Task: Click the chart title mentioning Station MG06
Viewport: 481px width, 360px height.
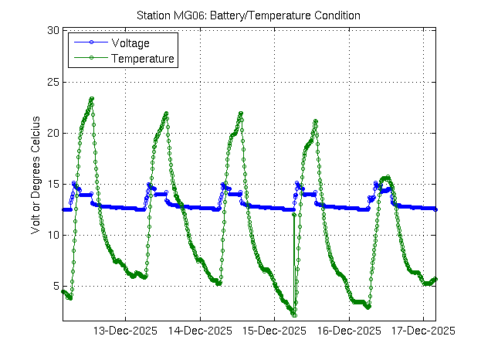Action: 248,15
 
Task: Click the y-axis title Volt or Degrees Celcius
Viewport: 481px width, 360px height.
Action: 34,172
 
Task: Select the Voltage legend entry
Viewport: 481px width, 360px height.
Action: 130,42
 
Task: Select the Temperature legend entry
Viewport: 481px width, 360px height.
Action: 143,58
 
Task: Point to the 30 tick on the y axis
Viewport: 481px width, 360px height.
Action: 53,31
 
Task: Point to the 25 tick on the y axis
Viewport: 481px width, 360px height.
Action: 53,82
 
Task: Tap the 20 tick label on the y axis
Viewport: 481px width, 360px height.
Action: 53,133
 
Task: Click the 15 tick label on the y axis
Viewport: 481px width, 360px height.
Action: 53,184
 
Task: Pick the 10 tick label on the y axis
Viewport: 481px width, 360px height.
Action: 53,235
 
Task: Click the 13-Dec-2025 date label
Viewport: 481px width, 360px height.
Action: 125,330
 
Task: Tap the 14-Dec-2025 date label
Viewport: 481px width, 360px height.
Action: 199,330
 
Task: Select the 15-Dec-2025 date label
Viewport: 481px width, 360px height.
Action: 274,330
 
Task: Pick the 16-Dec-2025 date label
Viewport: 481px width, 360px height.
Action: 348,330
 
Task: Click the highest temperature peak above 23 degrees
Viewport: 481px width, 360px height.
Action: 92,99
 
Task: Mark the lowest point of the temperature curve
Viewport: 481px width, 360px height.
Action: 294,314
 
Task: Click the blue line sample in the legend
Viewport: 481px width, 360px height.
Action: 90,42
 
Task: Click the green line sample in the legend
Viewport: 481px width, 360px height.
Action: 90,58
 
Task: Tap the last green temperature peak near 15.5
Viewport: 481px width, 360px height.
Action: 387,178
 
